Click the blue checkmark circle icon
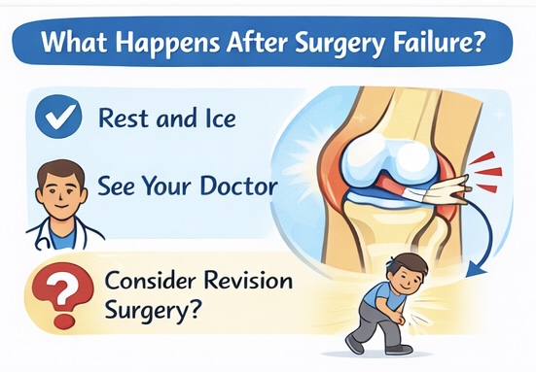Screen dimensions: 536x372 point(58,116)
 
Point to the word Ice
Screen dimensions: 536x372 point(221,118)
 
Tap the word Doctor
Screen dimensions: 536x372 point(238,186)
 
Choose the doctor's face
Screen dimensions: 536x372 point(60,193)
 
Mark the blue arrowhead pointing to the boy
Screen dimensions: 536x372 point(478,269)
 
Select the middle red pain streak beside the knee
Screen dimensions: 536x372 point(486,171)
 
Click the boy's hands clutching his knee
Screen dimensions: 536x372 point(398,318)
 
